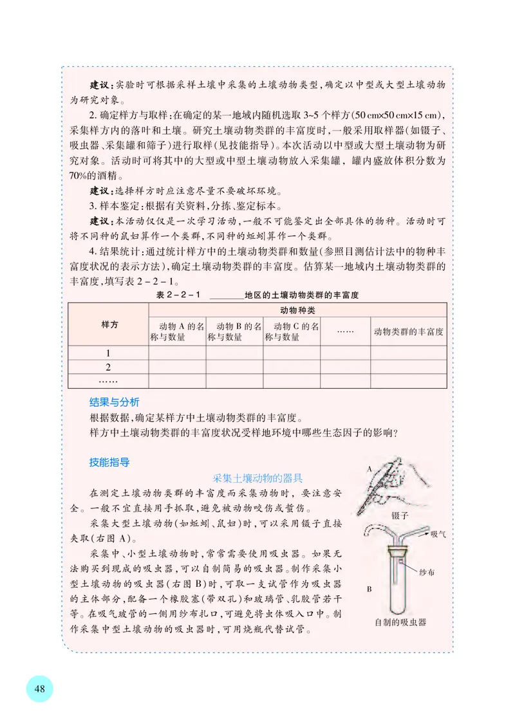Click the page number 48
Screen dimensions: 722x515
click(39, 689)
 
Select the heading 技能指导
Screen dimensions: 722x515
click(109, 462)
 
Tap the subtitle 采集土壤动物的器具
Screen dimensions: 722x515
click(257, 478)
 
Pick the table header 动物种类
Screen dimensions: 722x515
click(297, 310)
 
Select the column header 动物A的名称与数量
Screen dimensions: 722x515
click(177, 331)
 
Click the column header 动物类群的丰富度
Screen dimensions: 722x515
click(408, 332)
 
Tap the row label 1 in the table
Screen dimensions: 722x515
click(108, 353)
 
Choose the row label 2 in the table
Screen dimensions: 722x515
click(108, 367)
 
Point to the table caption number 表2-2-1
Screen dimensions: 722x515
click(179, 295)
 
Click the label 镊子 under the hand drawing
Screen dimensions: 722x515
click(400, 515)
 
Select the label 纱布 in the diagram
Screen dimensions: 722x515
click(427, 571)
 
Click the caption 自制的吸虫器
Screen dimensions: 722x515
click(400, 622)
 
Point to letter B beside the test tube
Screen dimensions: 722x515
click(370, 588)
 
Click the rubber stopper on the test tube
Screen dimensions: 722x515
click(397, 551)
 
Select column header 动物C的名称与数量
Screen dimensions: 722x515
click(292, 331)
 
